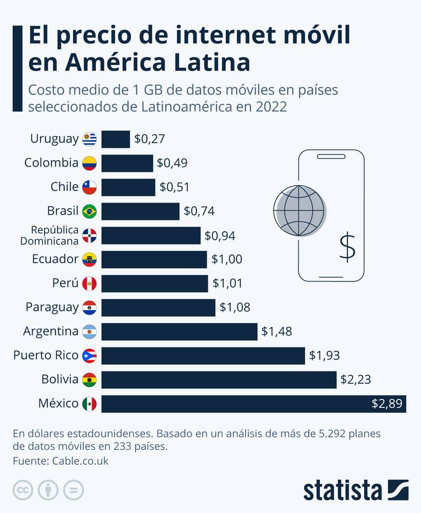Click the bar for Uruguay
click(115, 139)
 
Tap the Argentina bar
click(179, 331)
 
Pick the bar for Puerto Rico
click(203, 356)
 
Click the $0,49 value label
click(172, 163)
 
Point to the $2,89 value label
click(387, 404)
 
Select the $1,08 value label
click(235, 307)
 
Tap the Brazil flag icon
click(89, 212)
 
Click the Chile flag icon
click(89, 187)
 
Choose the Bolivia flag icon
click(89, 379)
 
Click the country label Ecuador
click(55, 259)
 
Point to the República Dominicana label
click(49, 235)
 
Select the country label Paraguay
click(52, 307)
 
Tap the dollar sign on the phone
click(347, 247)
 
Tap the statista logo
click(356, 489)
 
